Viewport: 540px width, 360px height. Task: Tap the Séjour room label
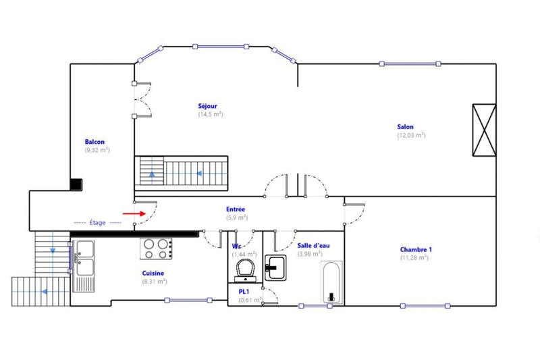click(208, 106)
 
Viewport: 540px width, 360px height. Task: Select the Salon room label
click(406, 126)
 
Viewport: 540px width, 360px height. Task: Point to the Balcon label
click(94, 142)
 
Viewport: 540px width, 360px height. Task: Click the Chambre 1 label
click(416, 249)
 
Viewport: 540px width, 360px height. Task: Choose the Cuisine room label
click(153, 274)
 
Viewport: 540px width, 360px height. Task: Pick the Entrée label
click(236, 209)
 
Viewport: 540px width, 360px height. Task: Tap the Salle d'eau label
click(313, 246)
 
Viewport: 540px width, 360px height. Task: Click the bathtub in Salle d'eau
click(332, 282)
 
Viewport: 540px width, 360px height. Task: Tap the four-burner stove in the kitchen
click(157, 249)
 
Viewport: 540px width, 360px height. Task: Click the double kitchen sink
click(85, 258)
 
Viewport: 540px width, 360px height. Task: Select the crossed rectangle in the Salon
click(484, 130)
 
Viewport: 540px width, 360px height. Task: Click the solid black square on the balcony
click(76, 184)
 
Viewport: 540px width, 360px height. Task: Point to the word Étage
click(99, 222)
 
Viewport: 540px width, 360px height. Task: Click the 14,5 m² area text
click(211, 114)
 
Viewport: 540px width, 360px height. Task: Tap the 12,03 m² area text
click(411, 135)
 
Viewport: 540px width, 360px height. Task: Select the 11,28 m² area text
click(414, 257)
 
